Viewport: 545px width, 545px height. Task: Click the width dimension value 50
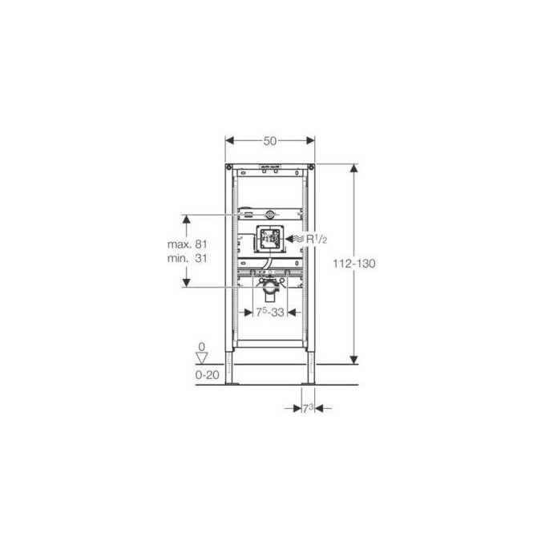tap(270, 140)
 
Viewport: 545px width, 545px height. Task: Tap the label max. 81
tap(188, 244)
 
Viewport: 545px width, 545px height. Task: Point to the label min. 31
tap(188, 258)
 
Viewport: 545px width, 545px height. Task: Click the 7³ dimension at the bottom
tap(307, 408)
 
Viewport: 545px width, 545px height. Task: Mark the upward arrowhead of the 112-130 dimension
tap(353, 168)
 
